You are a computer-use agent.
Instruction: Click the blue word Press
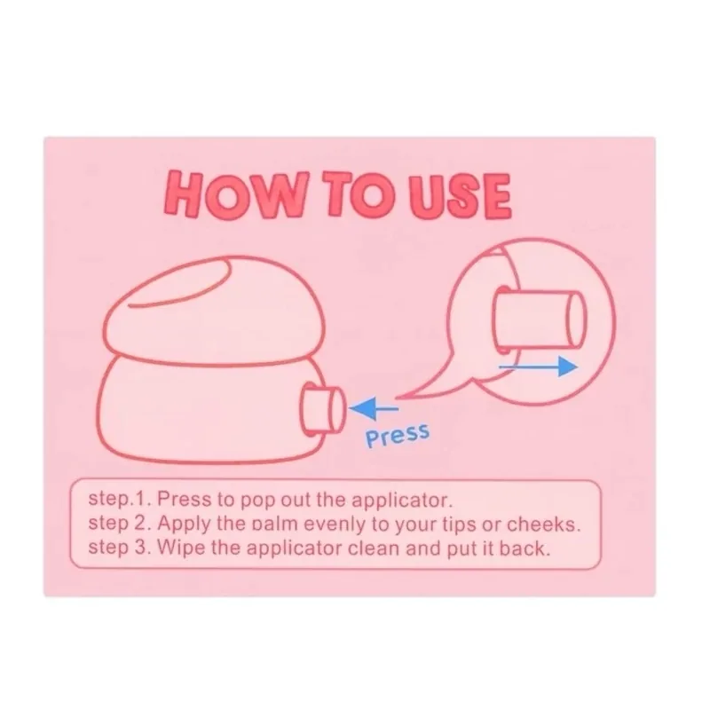click(x=397, y=436)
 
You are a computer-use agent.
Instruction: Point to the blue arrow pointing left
click(x=374, y=408)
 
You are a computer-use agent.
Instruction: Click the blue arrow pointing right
click(x=538, y=366)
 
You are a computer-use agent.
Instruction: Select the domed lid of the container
click(x=214, y=309)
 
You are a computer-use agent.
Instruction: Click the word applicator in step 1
click(x=402, y=501)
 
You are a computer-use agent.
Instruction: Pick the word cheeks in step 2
click(x=543, y=524)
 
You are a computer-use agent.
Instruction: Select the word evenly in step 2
click(x=335, y=525)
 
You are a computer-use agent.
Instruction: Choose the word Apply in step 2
click(x=184, y=525)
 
